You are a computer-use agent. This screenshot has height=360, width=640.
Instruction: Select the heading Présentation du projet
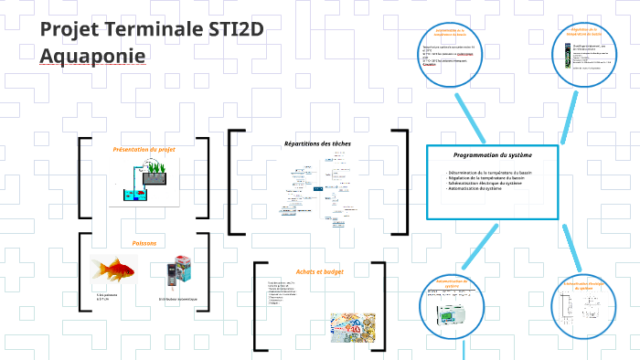point(144,149)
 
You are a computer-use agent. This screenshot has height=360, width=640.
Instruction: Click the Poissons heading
point(144,243)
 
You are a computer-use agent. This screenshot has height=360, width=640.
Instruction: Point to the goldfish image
point(114,271)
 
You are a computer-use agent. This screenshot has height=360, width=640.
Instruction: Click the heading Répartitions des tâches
point(316,143)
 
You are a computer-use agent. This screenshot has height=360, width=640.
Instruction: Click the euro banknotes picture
point(350,326)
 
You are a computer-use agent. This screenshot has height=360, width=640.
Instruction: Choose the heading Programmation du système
point(492,155)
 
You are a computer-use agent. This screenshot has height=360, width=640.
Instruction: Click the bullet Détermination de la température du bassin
point(489,172)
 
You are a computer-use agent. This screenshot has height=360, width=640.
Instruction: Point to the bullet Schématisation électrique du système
point(485,183)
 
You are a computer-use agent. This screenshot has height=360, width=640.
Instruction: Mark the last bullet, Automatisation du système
point(475,188)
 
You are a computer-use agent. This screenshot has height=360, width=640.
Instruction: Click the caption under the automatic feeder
point(177,299)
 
